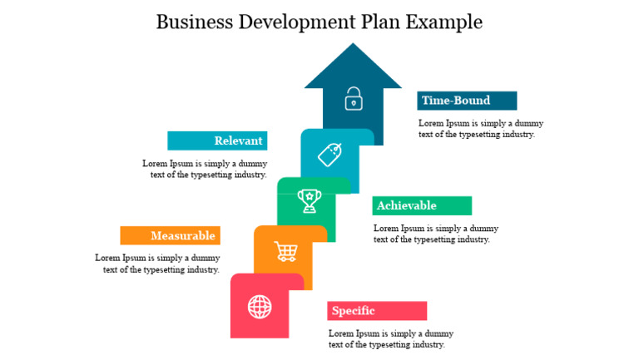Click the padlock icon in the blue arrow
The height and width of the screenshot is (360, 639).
pos(354,98)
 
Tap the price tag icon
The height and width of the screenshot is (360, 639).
pos(330,155)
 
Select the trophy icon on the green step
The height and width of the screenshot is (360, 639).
pos(310,200)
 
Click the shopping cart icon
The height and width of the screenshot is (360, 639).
pos(286,250)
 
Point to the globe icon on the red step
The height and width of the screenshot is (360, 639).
pos(260,307)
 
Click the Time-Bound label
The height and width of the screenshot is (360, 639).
pos(467,101)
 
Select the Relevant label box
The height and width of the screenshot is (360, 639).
pos(217,141)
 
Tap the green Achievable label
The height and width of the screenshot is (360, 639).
pos(422,205)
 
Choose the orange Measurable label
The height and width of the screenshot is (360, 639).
pos(171,235)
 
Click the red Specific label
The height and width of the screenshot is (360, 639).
pos(377,311)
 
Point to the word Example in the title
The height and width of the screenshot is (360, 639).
pos(444,22)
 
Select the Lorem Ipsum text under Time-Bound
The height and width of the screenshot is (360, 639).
pos(480,129)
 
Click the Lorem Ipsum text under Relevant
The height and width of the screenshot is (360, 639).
pos(205,169)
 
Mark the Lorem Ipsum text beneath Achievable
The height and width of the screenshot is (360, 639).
pos(435,234)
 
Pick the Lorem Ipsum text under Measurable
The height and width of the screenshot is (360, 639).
pos(158,264)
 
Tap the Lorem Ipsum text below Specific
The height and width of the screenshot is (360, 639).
pos(390,338)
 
